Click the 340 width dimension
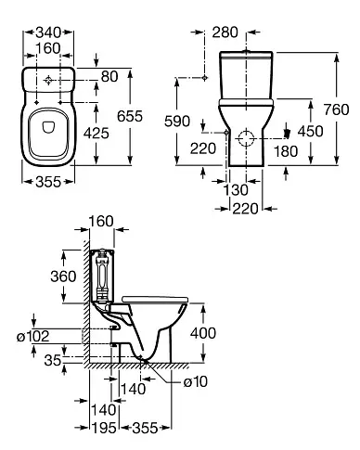pos(48,32)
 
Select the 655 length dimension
pos(130,116)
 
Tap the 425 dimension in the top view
pos(96,134)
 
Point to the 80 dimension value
pos(109,77)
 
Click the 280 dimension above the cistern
pos(225,32)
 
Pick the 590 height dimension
pos(177,122)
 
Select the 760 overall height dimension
pos(337,109)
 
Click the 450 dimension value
pos(310,131)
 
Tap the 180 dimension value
pos(286,151)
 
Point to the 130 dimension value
pos(236,190)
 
